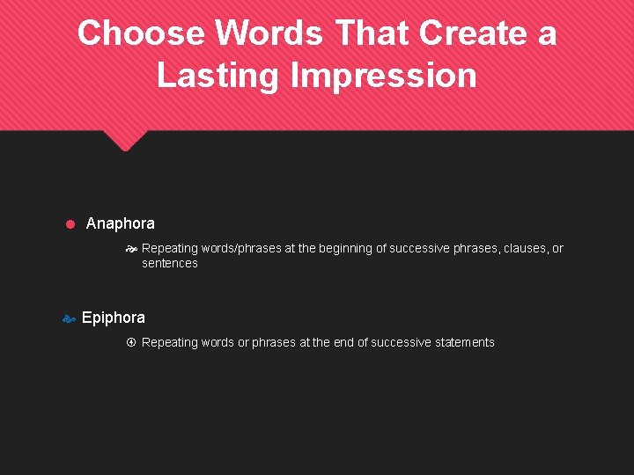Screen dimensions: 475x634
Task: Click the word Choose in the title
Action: pyautogui.click(x=142, y=33)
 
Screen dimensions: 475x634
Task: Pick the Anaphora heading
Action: pyautogui.click(x=120, y=223)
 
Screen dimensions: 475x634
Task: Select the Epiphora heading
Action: pyautogui.click(x=113, y=318)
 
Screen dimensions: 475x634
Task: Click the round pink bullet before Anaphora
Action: pyautogui.click(x=70, y=224)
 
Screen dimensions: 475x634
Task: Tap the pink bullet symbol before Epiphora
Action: pyautogui.click(x=68, y=319)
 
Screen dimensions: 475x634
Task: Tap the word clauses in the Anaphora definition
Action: pyautogui.click(x=524, y=248)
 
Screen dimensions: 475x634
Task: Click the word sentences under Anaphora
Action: pyautogui.click(x=169, y=263)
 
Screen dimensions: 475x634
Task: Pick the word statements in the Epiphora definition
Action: pyautogui.click(x=463, y=342)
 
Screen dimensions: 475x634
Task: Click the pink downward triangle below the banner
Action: pyautogui.click(x=126, y=140)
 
